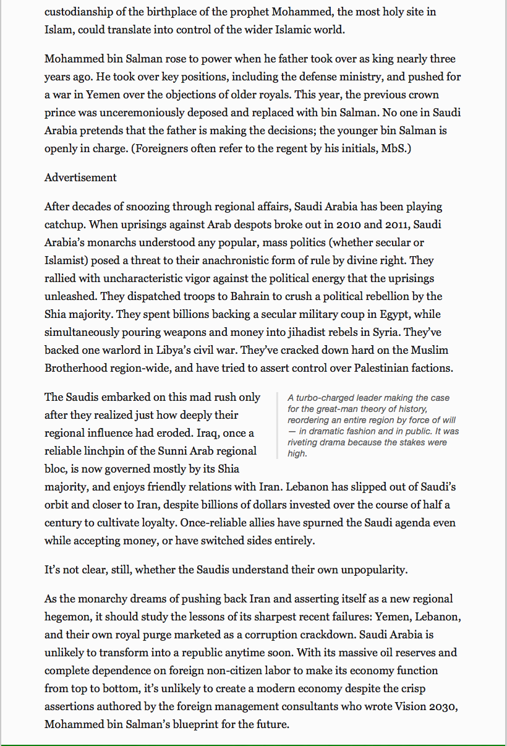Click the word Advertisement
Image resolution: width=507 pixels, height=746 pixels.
click(80, 178)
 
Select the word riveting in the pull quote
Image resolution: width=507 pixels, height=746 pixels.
click(303, 442)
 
